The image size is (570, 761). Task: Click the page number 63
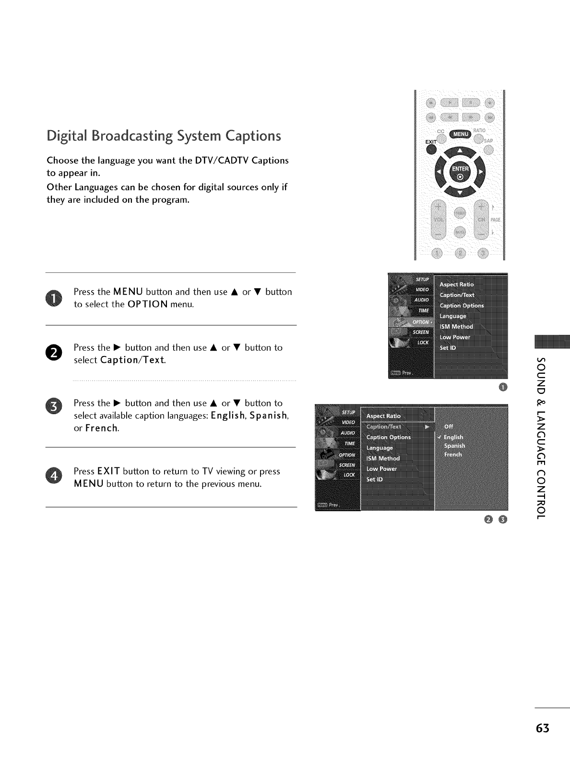pyautogui.click(x=542, y=728)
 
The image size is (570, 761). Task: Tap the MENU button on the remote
pyautogui.click(x=460, y=134)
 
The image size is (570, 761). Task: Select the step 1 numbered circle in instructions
pyautogui.click(x=54, y=298)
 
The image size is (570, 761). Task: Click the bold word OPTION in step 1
pyautogui.click(x=148, y=304)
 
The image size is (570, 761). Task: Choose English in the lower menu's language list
pyautogui.click(x=453, y=437)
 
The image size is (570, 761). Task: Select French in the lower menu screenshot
pyautogui.click(x=453, y=454)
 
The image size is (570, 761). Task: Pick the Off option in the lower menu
pyautogui.click(x=449, y=426)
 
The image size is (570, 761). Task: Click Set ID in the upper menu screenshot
pyautogui.click(x=448, y=348)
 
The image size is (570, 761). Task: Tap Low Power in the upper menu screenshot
pyautogui.click(x=455, y=337)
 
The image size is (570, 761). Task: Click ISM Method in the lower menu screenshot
pyautogui.click(x=383, y=458)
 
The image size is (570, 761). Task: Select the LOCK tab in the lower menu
pyautogui.click(x=349, y=475)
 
